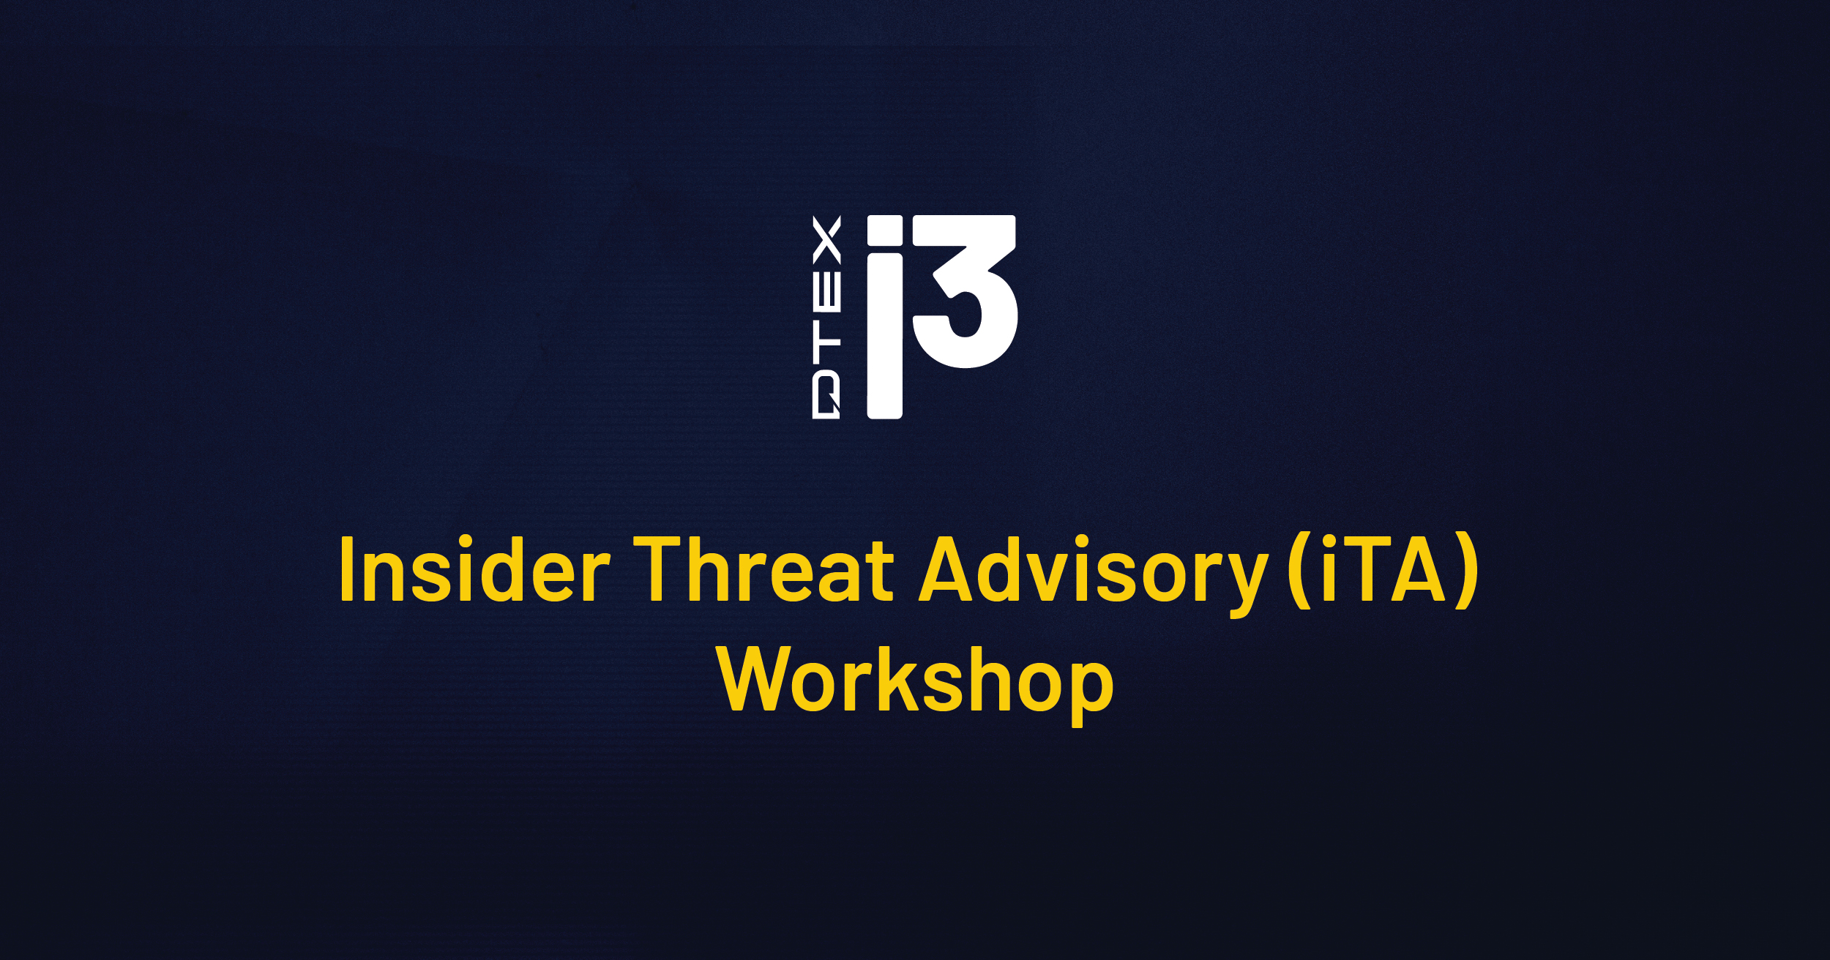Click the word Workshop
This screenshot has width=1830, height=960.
(916, 680)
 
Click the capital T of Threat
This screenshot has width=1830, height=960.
(662, 569)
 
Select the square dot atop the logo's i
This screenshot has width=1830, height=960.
(884, 230)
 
